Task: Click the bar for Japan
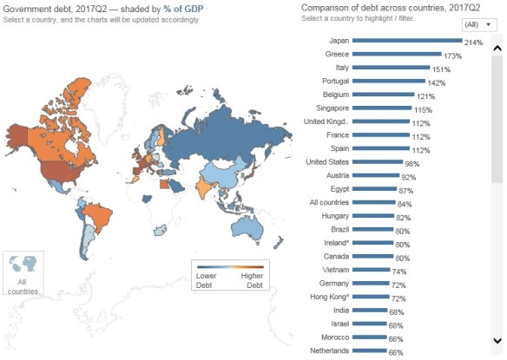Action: pos(407,41)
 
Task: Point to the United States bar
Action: pos(379,162)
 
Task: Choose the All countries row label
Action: pos(326,202)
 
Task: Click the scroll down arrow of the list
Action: pos(497,340)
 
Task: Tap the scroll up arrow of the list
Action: pos(497,42)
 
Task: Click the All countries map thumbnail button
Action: pos(23,274)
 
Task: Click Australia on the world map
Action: pos(251,228)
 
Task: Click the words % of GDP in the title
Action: pos(184,9)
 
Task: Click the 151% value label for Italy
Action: pos(443,69)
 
